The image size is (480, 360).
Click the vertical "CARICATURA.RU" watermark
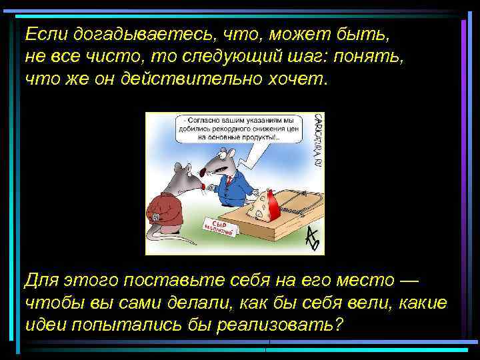click(x=316, y=140)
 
